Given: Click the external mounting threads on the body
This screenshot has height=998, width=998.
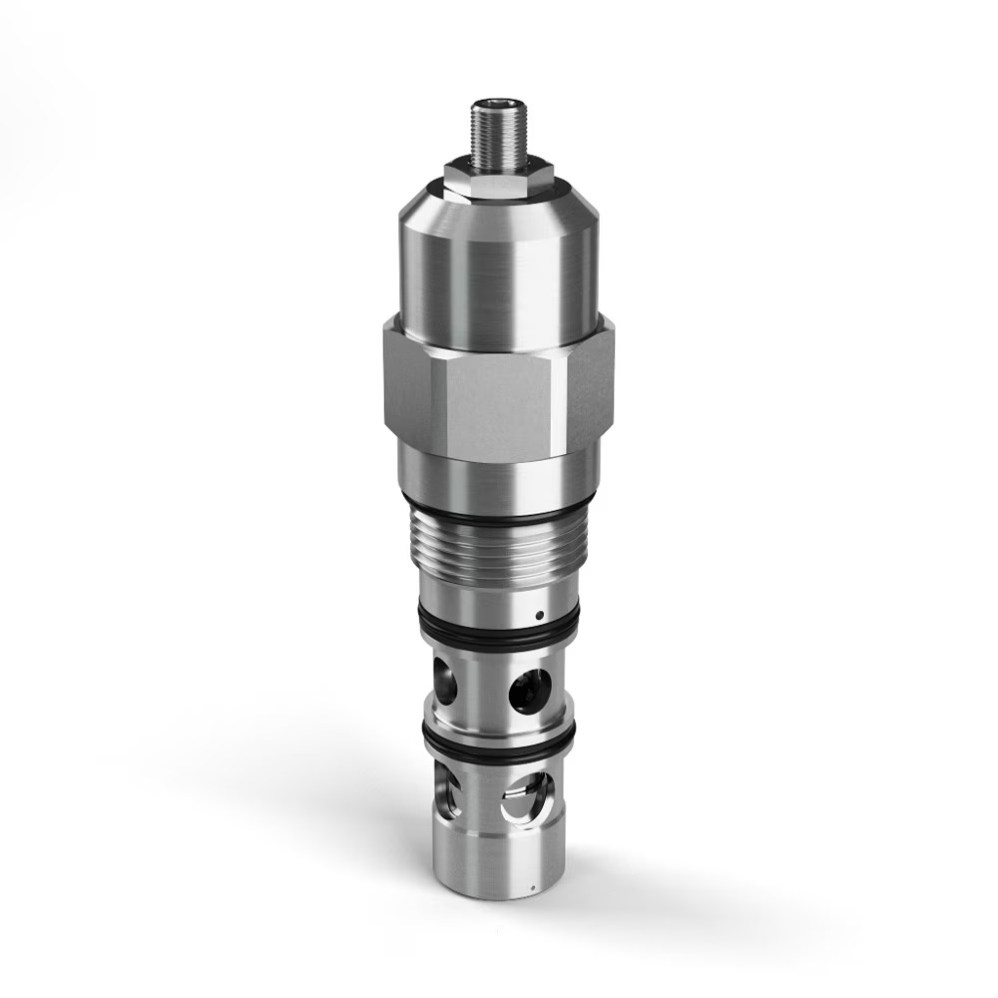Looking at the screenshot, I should coord(496,554).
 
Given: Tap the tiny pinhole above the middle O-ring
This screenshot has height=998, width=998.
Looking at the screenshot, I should coord(539,615).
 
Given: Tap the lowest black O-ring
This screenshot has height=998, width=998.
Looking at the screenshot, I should coord(496,743).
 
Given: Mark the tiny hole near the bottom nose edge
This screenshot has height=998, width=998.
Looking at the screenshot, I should coord(534,884).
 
